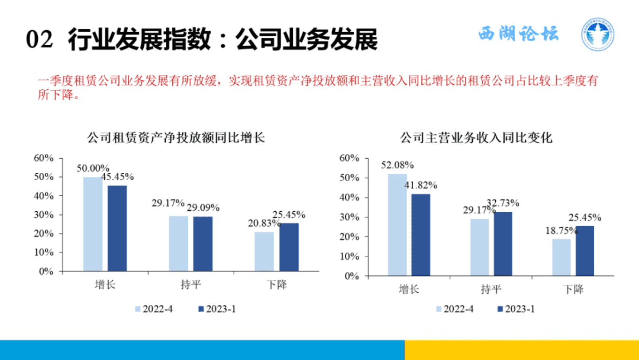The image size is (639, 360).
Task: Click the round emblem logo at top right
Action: [x=598, y=34]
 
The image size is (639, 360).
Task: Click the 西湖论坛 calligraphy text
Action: [x=519, y=33]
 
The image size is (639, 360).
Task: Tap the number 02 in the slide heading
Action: [x=39, y=39]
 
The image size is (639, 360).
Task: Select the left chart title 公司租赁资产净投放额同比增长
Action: [x=176, y=138]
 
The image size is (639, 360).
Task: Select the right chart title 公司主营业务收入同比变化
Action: [x=476, y=138]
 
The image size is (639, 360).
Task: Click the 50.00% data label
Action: [x=93, y=168]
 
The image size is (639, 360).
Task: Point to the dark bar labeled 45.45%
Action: [x=117, y=228]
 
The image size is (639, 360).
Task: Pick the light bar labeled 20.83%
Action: [x=264, y=251]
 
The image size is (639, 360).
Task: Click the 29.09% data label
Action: [x=203, y=208]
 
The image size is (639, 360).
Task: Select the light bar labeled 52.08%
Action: [x=397, y=225]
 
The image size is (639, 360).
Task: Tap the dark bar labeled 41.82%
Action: [x=421, y=235]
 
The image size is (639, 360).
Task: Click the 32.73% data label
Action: [x=503, y=203]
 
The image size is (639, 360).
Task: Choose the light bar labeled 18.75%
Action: [x=561, y=257]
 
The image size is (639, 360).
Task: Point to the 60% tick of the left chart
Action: [x=43, y=158]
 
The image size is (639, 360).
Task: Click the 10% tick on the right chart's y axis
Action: [x=349, y=256]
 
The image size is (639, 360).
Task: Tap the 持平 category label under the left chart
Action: [x=190, y=285]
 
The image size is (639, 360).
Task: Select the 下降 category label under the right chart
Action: [x=573, y=289]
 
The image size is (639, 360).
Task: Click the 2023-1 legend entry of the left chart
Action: [x=217, y=309]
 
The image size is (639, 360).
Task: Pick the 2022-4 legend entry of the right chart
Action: [x=455, y=309]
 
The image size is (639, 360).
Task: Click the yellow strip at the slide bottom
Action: [x=521, y=350]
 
